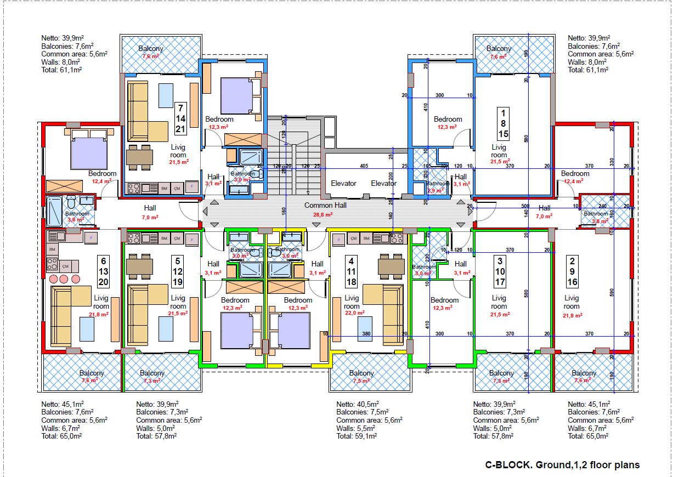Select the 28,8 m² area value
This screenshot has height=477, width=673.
point(324,215)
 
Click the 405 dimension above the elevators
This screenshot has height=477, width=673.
point(364,166)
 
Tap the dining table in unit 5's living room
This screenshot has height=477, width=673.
point(139,266)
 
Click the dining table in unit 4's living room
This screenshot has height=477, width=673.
point(391,266)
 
